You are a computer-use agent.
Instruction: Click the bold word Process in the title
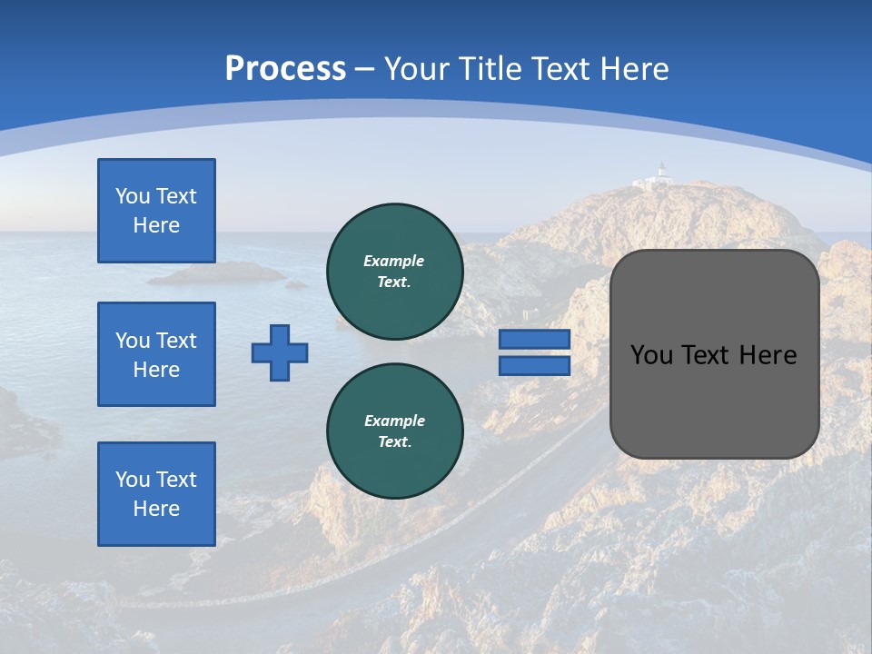[x=285, y=69]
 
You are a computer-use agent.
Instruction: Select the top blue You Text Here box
[x=156, y=211]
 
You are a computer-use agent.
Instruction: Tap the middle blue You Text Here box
[x=156, y=354]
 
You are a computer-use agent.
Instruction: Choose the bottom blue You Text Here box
[x=156, y=494]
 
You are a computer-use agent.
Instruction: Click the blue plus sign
[x=280, y=352]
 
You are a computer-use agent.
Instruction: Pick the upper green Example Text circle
[x=394, y=272]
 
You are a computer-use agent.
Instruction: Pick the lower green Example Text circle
[x=394, y=431]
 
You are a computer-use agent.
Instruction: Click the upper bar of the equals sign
[x=534, y=339]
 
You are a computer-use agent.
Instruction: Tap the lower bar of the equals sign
[x=534, y=366]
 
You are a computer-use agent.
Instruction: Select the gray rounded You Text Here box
[x=714, y=354]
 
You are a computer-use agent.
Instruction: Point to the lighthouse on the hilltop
[x=662, y=173]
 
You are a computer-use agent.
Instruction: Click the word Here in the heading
[x=635, y=69]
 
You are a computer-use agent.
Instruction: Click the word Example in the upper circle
[x=394, y=261]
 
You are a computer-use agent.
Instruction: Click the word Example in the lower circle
[x=394, y=421]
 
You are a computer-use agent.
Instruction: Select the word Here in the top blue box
[x=156, y=225]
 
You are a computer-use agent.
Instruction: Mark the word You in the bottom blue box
[x=132, y=480]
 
